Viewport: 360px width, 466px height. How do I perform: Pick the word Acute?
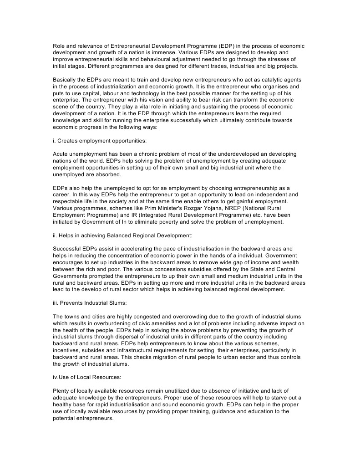(61, 154)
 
